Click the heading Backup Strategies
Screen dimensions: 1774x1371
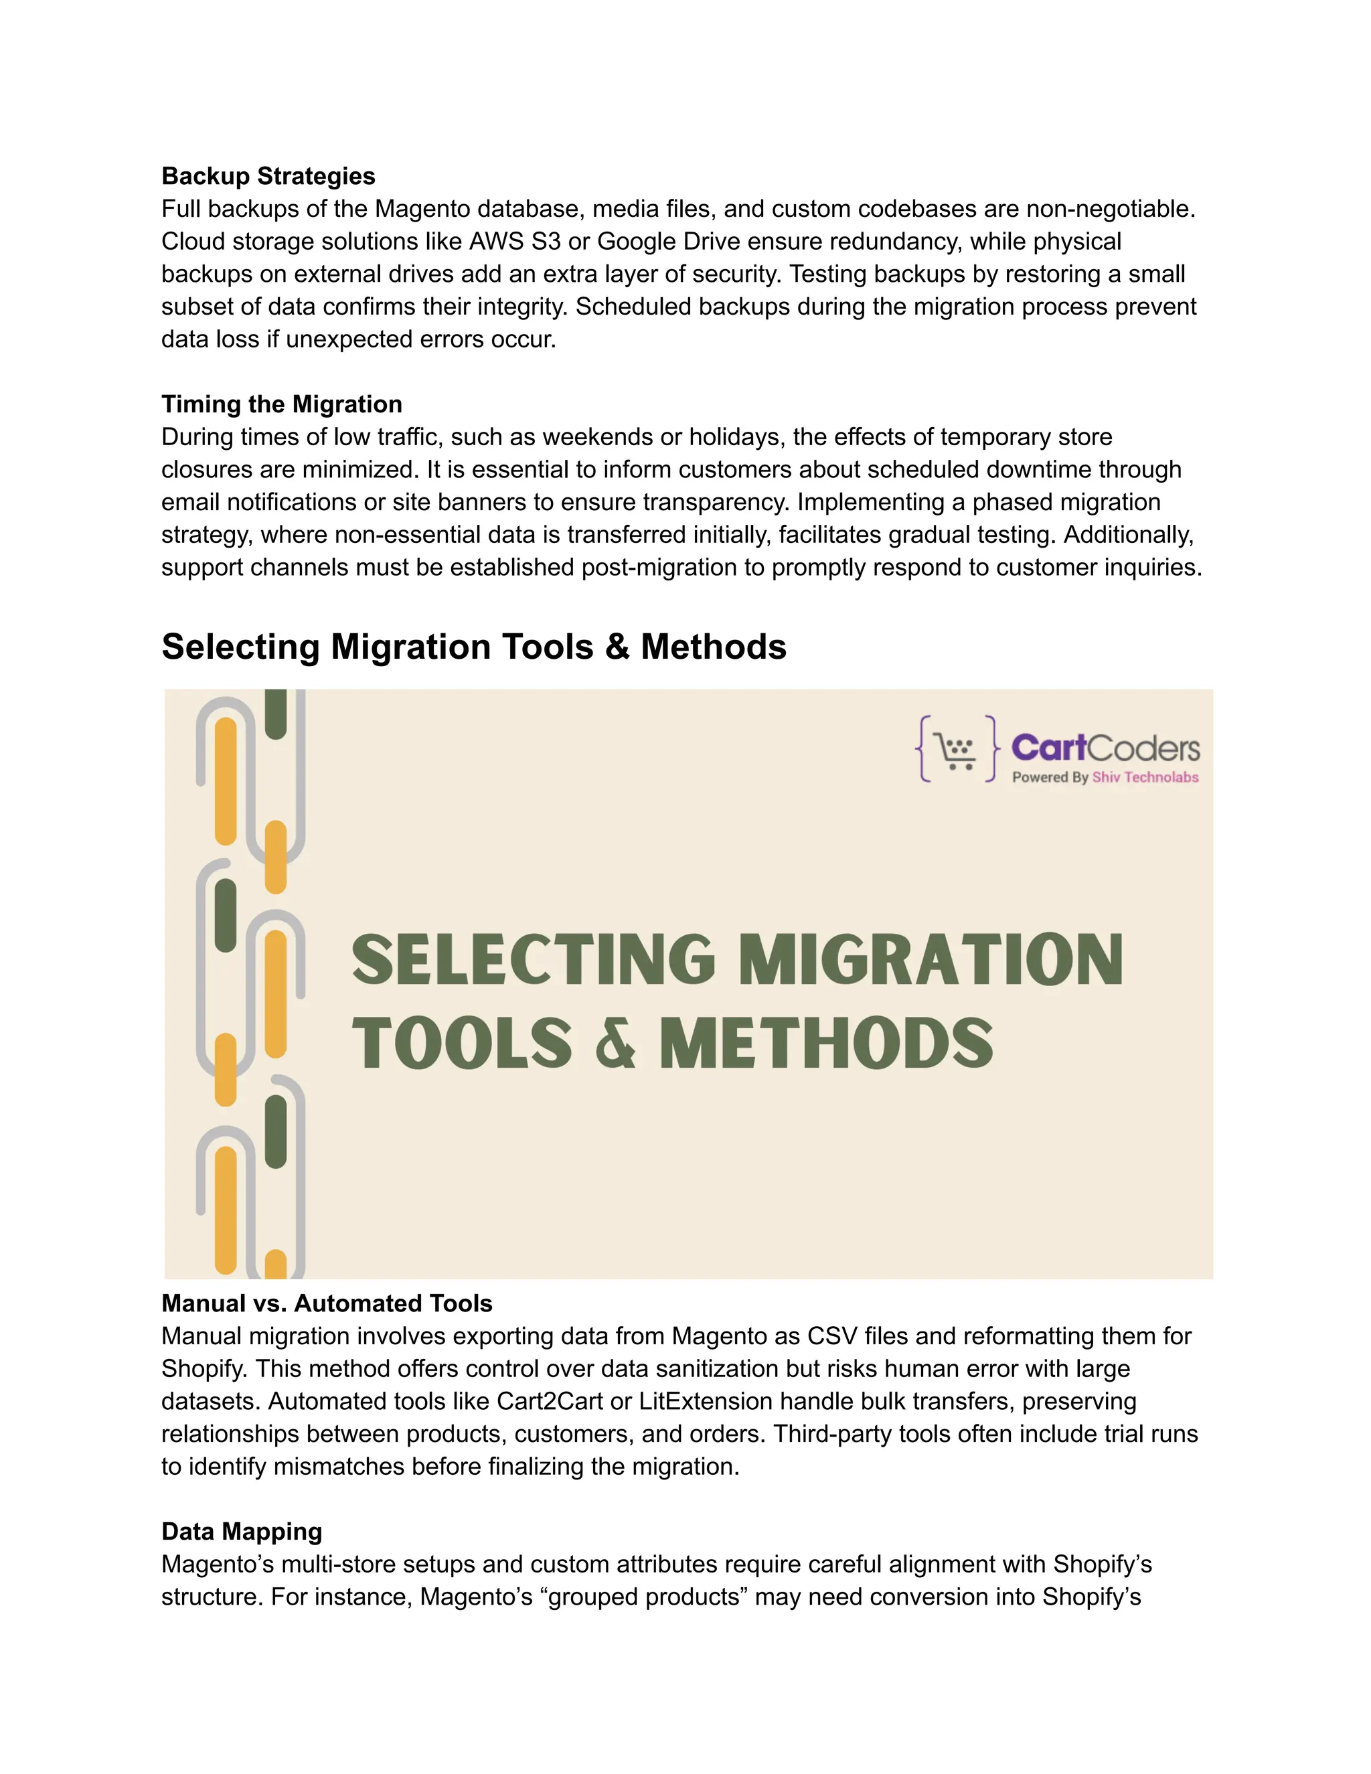pos(268,176)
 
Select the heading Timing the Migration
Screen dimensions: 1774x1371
pos(281,404)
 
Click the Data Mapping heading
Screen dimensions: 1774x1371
pos(241,1531)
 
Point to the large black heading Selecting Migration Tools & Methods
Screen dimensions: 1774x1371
pos(473,647)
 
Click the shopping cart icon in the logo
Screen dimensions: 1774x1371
pos(956,749)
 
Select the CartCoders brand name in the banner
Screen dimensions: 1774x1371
pos(1105,747)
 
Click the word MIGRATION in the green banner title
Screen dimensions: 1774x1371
pos(931,960)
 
